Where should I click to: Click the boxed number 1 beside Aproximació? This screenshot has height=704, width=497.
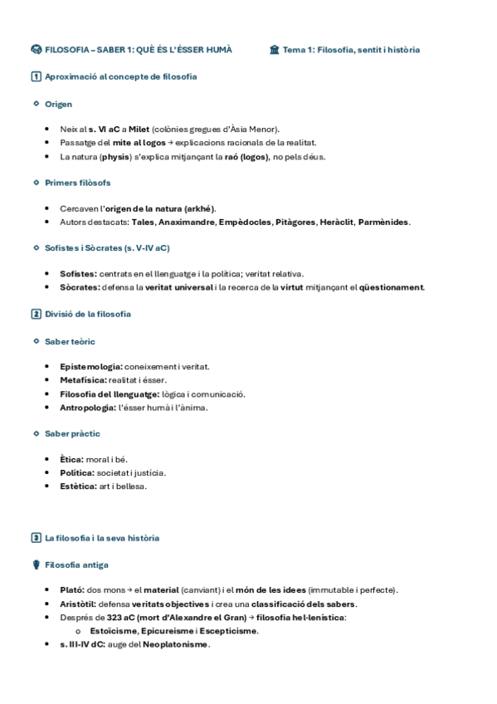click(x=36, y=77)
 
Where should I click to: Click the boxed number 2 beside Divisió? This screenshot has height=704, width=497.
click(x=36, y=314)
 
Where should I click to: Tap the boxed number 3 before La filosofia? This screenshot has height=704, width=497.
click(x=36, y=538)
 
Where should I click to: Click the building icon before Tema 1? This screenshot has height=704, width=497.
click(x=275, y=50)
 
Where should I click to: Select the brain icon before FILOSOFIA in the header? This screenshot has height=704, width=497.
click(x=36, y=50)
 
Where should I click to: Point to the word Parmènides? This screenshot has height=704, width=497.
click(x=384, y=222)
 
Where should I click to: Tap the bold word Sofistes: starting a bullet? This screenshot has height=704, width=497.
click(x=78, y=274)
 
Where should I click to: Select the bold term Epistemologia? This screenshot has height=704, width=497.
click(x=91, y=367)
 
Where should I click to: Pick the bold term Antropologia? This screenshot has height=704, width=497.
click(x=88, y=408)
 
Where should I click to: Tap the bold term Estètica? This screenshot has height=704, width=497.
click(x=79, y=486)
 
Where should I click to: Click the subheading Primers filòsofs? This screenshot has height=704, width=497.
click(x=77, y=183)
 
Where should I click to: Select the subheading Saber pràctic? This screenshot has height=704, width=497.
click(x=72, y=433)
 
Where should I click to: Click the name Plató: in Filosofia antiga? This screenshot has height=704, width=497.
click(x=72, y=590)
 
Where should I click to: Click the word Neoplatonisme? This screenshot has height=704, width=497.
click(x=174, y=644)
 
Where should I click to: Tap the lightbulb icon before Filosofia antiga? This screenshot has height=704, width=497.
click(x=36, y=565)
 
